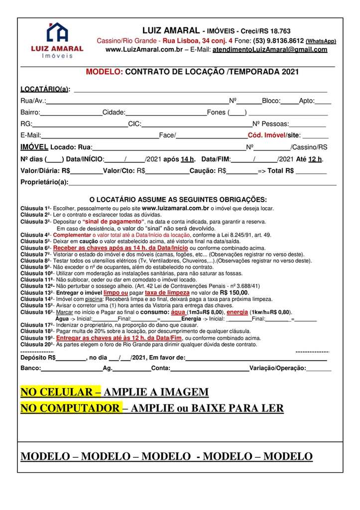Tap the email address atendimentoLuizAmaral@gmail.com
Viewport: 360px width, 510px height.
[270, 50]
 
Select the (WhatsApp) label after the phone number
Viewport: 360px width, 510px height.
[321, 41]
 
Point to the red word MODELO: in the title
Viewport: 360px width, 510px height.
[104, 72]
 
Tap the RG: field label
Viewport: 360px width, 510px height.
[26, 124]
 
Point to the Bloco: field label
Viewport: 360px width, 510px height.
[271, 101]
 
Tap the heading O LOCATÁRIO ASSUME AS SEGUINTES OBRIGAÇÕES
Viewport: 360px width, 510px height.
[178, 200]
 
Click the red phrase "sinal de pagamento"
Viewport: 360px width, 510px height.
[114, 221]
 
